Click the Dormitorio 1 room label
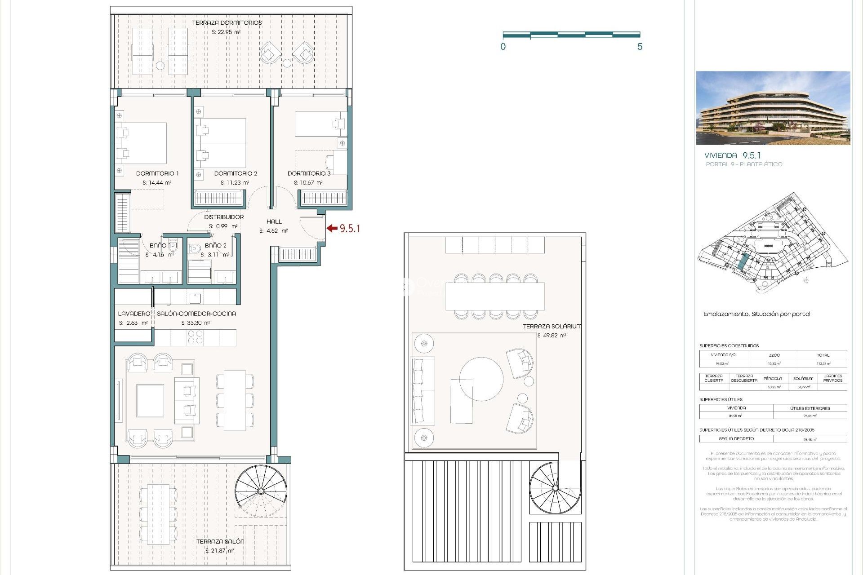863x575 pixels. pyautogui.click(x=157, y=173)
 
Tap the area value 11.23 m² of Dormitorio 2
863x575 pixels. pyautogui.click(x=235, y=183)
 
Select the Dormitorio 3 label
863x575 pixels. pyautogui.click(x=309, y=173)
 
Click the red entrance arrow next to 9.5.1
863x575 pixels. pyautogui.click(x=332, y=228)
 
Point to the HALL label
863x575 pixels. pyautogui.click(x=274, y=221)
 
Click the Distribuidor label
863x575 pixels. pyautogui.click(x=224, y=217)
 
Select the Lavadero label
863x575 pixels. pyautogui.click(x=133, y=314)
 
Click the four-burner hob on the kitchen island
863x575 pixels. pyautogui.click(x=195, y=337)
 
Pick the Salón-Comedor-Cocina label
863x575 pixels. pyautogui.click(x=196, y=314)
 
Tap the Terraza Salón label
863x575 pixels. pyautogui.click(x=220, y=542)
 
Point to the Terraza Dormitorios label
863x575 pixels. pyautogui.click(x=227, y=23)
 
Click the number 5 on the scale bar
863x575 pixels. pyautogui.click(x=640, y=47)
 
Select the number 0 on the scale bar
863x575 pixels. pyautogui.click(x=503, y=47)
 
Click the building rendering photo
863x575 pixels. pyautogui.click(x=773, y=108)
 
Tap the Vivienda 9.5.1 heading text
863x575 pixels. pyautogui.click(x=732, y=155)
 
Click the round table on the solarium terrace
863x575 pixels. pyautogui.click(x=481, y=379)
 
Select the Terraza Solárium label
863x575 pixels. pyautogui.click(x=552, y=327)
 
